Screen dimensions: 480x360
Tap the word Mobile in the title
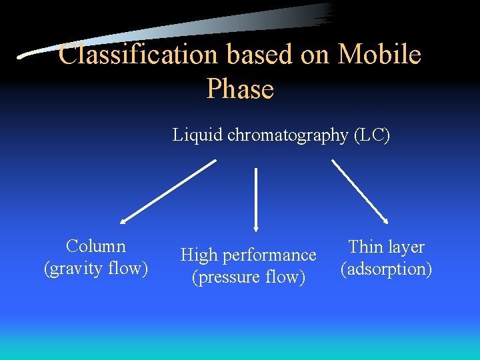click(x=379, y=55)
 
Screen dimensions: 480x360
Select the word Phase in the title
click(x=240, y=89)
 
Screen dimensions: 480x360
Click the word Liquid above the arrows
click(x=198, y=135)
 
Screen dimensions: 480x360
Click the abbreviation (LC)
click(x=372, y=135)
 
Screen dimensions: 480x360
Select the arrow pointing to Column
click(x=169, y=190)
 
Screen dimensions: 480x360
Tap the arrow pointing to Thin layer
click(x=360, y=191)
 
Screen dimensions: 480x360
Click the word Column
click(x=96, y=247)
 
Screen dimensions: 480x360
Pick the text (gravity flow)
click(x=96, y=269)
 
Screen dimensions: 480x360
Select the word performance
click(x=269, y=255)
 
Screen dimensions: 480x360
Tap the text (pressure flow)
click(x=248, y=277)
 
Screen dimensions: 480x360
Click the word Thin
click(x=365, y=247)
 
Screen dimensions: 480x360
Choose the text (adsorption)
click(x=387, y=269)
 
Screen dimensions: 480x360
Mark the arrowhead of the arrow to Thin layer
click(x=385, y=220)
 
